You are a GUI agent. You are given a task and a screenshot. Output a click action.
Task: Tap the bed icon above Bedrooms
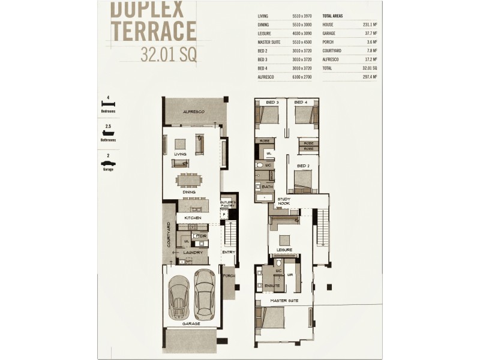(108, 104)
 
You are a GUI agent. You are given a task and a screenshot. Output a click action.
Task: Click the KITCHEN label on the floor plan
(192, 217)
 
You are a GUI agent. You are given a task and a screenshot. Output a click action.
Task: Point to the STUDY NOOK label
(284, 201)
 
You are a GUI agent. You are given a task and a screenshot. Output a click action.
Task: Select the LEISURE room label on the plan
(284, 249)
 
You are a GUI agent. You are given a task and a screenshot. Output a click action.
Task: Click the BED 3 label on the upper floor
(272, 103)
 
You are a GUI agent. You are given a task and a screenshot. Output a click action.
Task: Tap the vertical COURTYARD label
(169, 235)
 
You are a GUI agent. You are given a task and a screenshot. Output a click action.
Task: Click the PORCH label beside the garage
(228, 277)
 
